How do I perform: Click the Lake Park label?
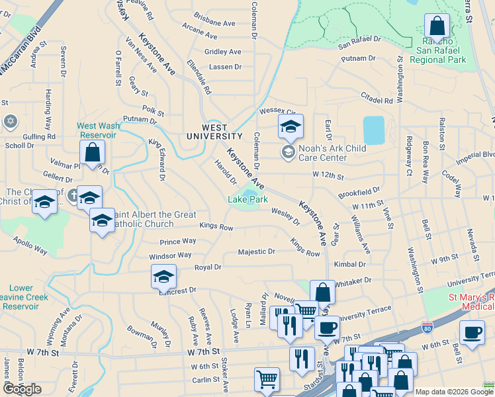pos(248,198)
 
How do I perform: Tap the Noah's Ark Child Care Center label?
pos(323,153)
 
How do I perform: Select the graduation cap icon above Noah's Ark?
pos(291,126)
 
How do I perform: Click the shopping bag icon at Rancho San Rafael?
pos(437,27)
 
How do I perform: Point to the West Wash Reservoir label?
pos(97,130)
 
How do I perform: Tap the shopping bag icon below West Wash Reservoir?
pos(93,152)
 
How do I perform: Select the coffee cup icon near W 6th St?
pos(471,333)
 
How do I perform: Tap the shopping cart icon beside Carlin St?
pos(267,380)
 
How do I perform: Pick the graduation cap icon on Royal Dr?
pos(163,277)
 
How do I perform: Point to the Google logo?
pos(22,389)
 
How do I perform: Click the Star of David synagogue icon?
pos(10,121)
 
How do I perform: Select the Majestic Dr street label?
pos(256,252)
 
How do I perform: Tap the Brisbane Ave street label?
pos(214,22)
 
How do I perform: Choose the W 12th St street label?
pos(328,177)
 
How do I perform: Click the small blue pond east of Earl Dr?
pos(373,130)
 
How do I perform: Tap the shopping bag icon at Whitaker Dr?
pos(322,292)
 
